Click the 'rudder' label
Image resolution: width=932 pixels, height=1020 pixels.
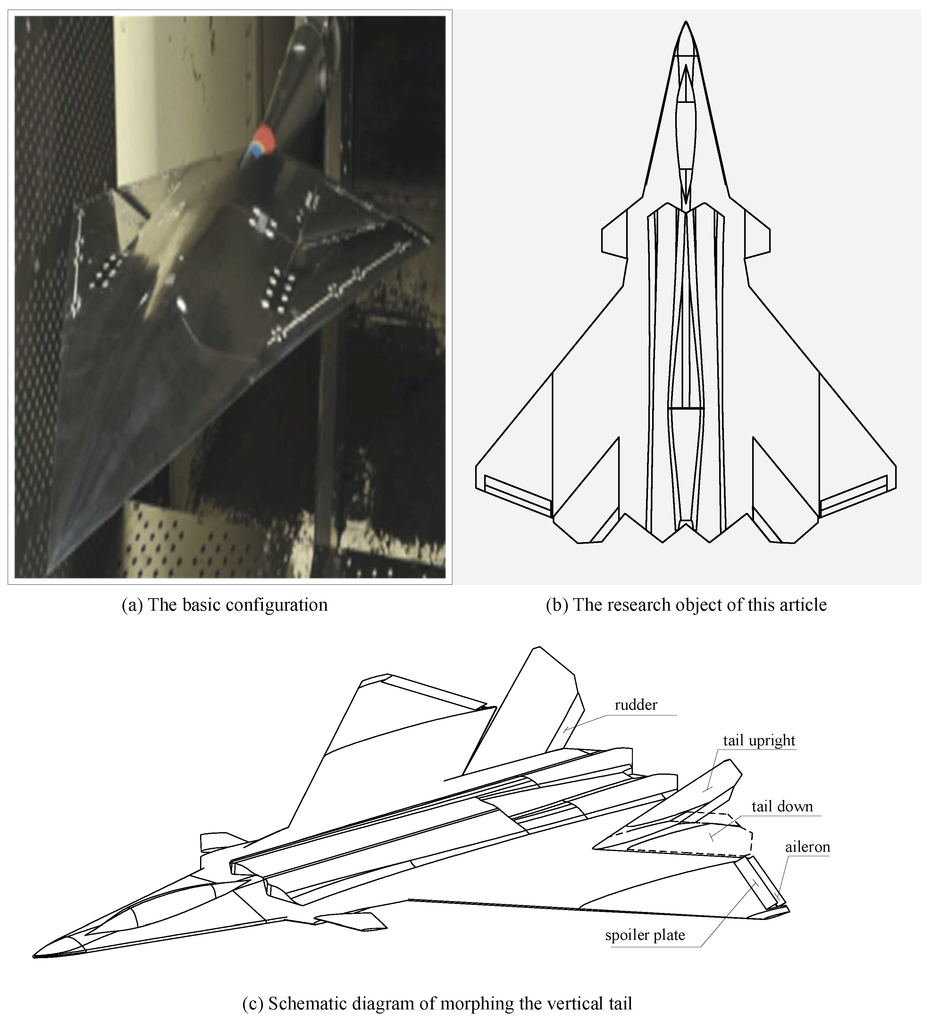point(636,705)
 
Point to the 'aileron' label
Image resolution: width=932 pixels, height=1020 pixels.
point(808,847)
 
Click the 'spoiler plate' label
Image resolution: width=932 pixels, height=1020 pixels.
point(645,935)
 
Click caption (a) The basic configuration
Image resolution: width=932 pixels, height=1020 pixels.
point(225,605)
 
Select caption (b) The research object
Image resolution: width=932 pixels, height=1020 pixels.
point(686,605)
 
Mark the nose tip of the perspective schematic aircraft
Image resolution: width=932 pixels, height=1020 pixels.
point(34,956)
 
